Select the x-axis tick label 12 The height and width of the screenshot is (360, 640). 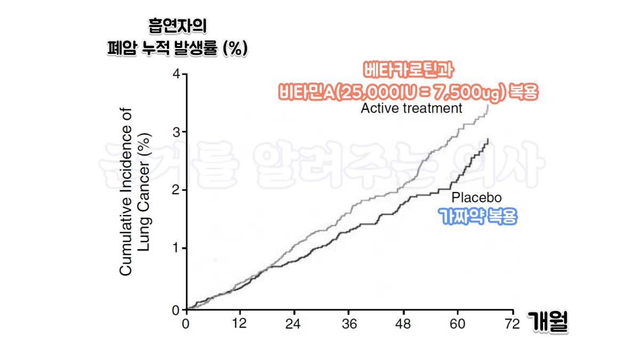(240, 324)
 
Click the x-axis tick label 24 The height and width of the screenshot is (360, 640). (294, 324)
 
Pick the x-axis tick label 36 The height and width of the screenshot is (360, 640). (349, 324)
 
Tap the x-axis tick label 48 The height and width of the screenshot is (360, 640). (404, 324)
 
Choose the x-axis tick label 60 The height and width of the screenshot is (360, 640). (458, 324)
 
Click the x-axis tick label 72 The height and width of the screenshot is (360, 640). (513, 324)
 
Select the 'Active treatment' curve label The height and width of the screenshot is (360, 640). (411, 108)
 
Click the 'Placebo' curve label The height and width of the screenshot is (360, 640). (476, 198)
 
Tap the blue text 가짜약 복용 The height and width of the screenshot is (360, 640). (477, 217)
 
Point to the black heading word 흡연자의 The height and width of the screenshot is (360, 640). (177, 26)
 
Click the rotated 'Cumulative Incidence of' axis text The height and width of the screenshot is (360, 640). (126, 192)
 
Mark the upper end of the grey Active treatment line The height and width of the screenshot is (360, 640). (488, 105)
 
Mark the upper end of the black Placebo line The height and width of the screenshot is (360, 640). (487, 139)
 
